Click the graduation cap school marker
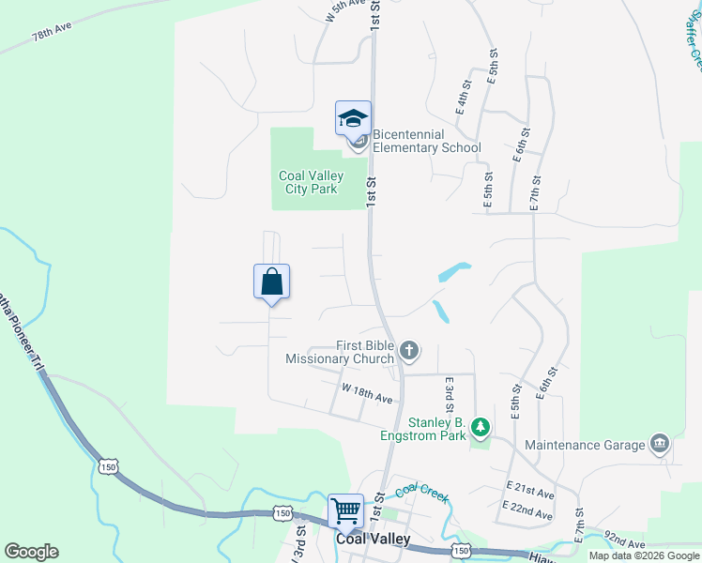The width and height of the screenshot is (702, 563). coord(353,118)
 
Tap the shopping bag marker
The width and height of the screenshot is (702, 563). coord(271,281)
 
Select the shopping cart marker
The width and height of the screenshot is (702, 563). coord(345,511)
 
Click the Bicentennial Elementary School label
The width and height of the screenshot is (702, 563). coord(427,141)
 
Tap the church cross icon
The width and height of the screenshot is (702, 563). coord(408,352)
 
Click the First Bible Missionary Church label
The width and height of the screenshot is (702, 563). coord(340,352)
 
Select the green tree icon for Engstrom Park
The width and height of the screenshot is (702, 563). coord(481,429)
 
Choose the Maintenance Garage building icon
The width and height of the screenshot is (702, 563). coord(659,444)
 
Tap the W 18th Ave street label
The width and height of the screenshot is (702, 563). coord(367,393)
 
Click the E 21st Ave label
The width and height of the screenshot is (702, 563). coord(529,491)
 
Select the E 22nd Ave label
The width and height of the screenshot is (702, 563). coord(528,510)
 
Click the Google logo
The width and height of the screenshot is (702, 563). coord(31,552)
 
